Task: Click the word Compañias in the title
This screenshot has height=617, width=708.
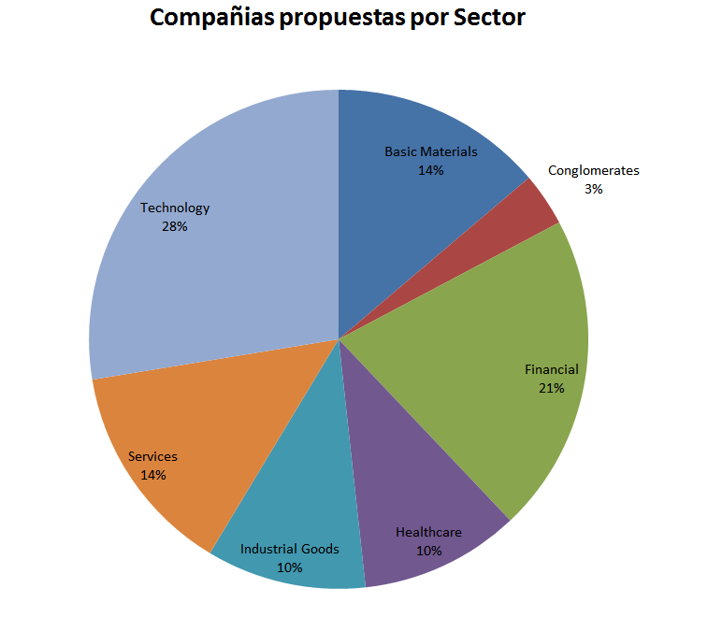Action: pyautogui.click(x=210, y=18)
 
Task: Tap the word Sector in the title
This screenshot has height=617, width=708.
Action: pyautogui.click(x=489, y=18)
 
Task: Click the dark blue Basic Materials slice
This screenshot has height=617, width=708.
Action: pyautogui.click(x=412, y=215)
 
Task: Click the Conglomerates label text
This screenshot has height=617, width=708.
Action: pyautogui.click(x=594, y=170)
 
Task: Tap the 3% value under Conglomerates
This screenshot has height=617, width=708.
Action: pyautogui.click(x=593, y=188)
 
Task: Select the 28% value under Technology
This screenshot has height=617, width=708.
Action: pyautogui.click(x=175, y=226)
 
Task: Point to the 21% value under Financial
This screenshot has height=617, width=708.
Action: pyautogui.click(x=551, y=388)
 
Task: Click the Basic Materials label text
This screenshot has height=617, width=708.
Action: pyautogui.click(x=431, y=151)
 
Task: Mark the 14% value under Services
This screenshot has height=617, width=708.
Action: pyautogui.click(x=152, y=475)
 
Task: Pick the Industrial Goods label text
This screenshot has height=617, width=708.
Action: pyautogui.click(x=290, y=549)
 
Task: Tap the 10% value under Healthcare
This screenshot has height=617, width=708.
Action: pyautogui.click(x=428, y=551)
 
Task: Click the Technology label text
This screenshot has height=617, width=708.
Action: pyautogui.click(x=175, y=208)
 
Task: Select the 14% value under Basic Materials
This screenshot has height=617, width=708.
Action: pyautogui.click(x=431, y=170)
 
